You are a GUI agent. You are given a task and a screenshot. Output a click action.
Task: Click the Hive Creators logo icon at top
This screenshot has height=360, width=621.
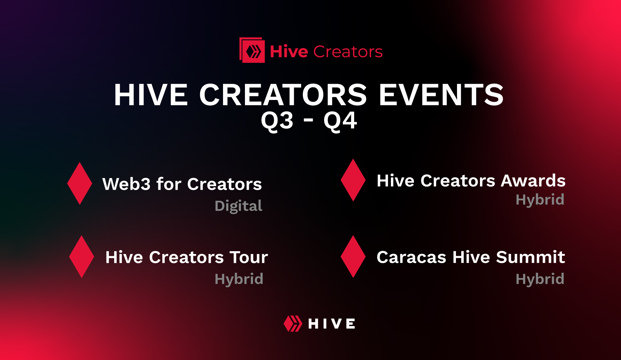pyautogui.click(x=252, y=51)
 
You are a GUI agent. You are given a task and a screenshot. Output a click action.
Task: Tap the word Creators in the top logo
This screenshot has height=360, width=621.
pyautogui.click(x=348, y=52)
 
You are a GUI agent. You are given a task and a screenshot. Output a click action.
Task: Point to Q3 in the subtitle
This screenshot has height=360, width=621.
pyautogui.click(x=277, y=121)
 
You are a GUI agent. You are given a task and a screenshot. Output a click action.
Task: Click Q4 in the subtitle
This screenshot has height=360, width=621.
pyautogui.click(x=340, y=121)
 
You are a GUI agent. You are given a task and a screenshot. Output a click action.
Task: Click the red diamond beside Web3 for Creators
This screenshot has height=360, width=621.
pyautogui.click(x=80, y=183)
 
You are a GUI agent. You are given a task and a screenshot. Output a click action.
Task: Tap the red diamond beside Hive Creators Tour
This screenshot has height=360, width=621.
pyautogui.click(x=82, y=256)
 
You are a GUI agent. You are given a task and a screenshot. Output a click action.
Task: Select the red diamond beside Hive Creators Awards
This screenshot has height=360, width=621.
pyautogui.click(x=353, y=180)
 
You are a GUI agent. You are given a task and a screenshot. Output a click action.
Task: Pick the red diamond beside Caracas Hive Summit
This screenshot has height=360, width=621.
pyautogui.click(x=353, y=256)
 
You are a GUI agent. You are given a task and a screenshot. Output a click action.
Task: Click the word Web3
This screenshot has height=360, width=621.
pyautogui.click(x=126, y=184)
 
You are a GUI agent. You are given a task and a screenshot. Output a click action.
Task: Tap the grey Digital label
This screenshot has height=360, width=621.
pyautogui.click(x=239, y=206)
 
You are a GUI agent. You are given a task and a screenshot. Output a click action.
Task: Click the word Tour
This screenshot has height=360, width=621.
pyautogui.click(x=249, y=257)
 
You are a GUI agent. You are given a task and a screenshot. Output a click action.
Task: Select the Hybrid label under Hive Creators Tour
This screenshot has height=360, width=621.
pyautogui.click(x=239, y=279)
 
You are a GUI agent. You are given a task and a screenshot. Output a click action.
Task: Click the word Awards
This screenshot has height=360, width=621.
pyautogui.click(x=533, y=181)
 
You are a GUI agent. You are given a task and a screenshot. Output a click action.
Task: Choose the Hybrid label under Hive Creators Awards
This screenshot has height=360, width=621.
pyautogui.click(x=540, y=200)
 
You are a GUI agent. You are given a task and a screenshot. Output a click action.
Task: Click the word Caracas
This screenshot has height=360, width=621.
pyautogui.click(x=411, y=257)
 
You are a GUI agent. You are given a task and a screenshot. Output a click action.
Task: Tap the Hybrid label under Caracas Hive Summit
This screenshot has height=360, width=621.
pyautogui.click(x=540, y=279)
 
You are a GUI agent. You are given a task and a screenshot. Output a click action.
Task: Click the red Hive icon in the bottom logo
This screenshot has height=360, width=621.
pyautogui.click(x=293, y=324)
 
